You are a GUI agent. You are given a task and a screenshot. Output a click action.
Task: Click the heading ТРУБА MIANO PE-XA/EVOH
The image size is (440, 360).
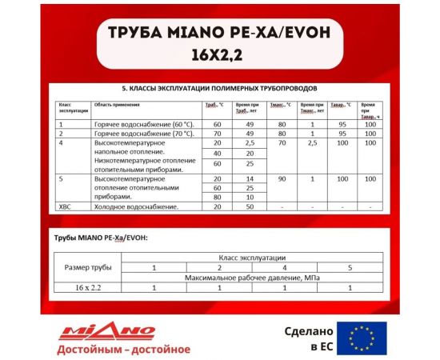click(219, 37)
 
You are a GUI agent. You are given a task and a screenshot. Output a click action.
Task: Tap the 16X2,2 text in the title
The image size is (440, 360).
click(219, 58)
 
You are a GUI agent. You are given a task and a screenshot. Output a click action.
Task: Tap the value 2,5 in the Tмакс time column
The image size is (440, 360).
click(312, 142)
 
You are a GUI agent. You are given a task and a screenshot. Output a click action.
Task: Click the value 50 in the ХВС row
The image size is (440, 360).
click(250, 206)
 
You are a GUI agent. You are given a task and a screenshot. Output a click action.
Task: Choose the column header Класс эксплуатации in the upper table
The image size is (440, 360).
click(69, 108)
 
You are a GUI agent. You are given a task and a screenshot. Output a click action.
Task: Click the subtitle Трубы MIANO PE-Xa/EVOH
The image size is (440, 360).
click(101, 238)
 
